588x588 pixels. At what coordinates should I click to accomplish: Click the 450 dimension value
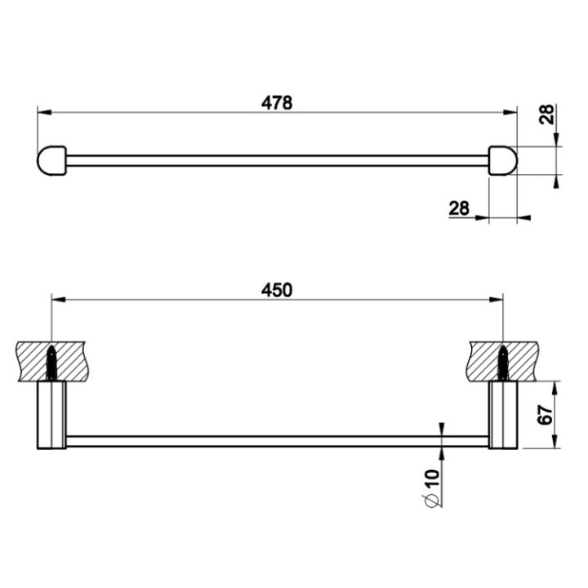point(278,289)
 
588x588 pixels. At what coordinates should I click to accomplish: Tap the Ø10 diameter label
point(433,487)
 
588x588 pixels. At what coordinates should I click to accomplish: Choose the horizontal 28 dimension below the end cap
point(459,208)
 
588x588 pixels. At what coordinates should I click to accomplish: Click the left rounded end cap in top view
point(51,160)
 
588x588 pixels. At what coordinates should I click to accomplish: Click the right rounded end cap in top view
point(503,160)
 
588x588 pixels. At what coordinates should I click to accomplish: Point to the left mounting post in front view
point(51,415)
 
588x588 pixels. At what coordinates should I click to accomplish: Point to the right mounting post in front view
point(503,415)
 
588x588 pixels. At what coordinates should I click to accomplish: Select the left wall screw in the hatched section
point(51,362)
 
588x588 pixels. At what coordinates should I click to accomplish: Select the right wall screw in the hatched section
point(503,362)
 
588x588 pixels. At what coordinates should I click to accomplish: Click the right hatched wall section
point(527,359)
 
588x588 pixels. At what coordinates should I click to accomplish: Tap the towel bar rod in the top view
point(278,160)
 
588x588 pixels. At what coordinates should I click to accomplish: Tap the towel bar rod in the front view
point(278,441)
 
